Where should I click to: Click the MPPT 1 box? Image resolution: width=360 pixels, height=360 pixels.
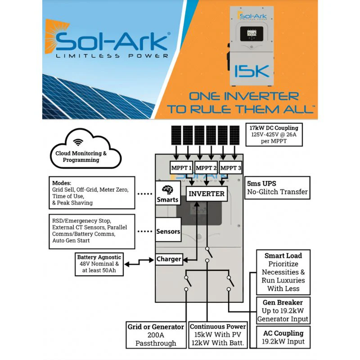[x=180, y=168]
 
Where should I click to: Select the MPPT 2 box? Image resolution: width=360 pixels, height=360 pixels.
[x=206, y=168]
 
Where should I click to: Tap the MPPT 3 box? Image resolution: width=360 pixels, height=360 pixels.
[x=231, y=168]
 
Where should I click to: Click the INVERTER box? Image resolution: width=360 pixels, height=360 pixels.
[x=206, y=194]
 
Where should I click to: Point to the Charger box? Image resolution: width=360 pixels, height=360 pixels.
[x=168, y=259]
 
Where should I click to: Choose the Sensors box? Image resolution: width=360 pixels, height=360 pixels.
[x=168, y=232]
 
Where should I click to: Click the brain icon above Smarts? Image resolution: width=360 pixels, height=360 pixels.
[x=167, y=189]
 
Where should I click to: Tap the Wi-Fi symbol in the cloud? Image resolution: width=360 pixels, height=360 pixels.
[x=78, y=142]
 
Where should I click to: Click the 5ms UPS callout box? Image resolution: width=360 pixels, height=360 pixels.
[x=277, y=188]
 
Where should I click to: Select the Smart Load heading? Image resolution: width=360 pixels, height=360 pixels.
[x=283, y=256]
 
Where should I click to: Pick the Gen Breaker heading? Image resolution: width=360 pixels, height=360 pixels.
[x=283, y=302]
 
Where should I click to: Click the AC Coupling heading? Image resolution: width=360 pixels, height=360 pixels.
[x=283, y=333]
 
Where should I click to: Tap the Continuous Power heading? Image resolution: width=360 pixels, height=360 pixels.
[x=218, y=326]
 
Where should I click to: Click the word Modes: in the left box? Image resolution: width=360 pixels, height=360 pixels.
[x=62, y=183]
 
